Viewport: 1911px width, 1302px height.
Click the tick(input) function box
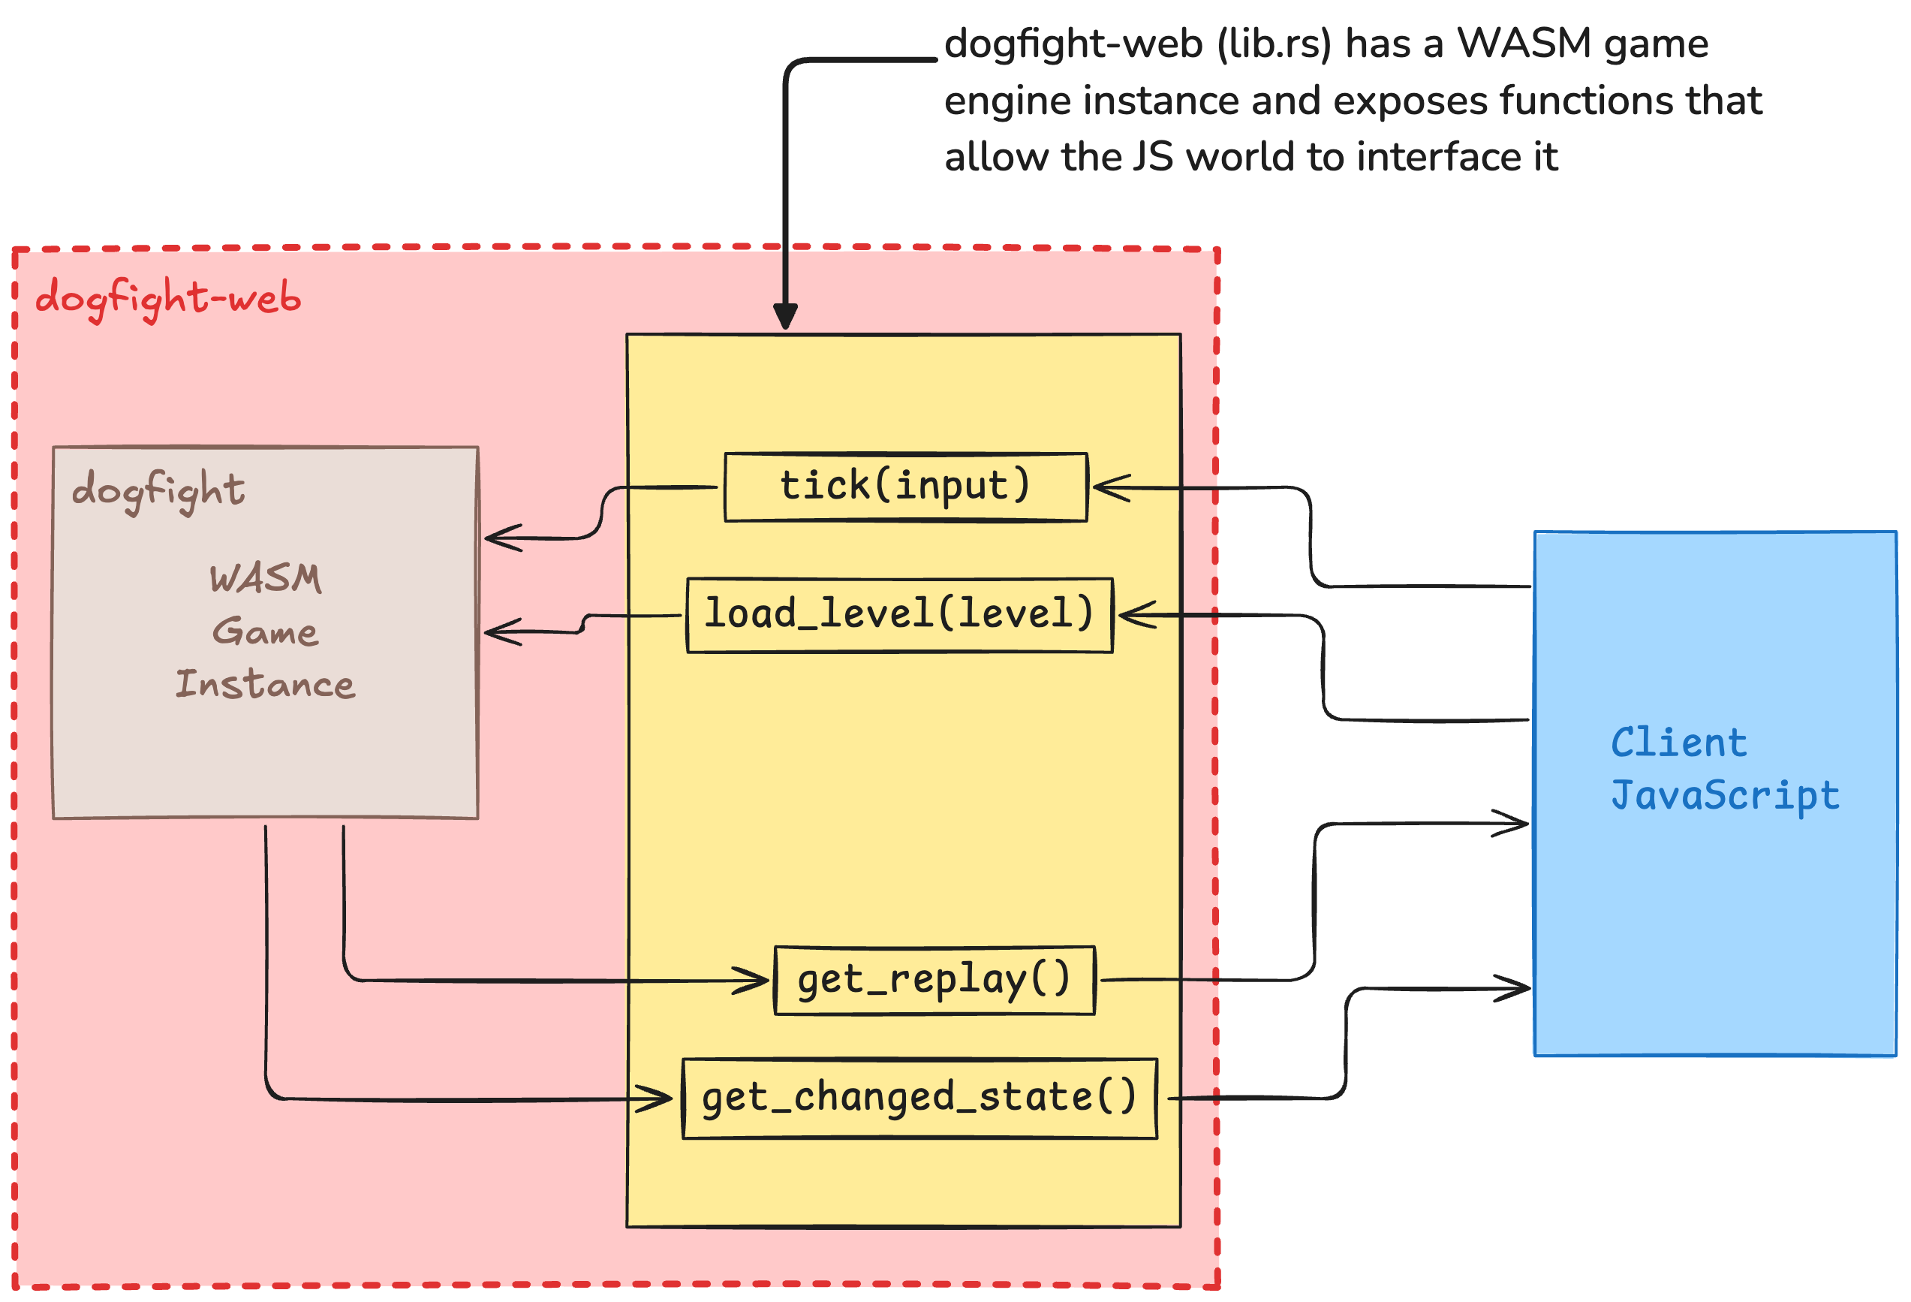(x=905, y=487)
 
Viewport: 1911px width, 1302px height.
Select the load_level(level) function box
(x=900, y=615)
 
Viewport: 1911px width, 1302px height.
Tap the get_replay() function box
(x=934, y=981)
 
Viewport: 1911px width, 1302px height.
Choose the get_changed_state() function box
(x=919, y=1098)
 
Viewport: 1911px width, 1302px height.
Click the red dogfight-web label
(x=167, y=298)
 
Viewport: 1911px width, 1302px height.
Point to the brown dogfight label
(x=158, y=490)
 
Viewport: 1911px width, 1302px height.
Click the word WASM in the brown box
(x=266, y=578)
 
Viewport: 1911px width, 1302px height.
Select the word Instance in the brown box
(x=266, y=684)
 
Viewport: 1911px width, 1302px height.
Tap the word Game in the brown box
(x=266, y=631)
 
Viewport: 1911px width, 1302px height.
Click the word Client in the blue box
(x=1678, y=743)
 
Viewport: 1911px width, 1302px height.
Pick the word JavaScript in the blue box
(x=1724, y=795)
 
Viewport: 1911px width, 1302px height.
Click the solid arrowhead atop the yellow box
(x=785, y=317)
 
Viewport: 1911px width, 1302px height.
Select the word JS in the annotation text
(x=1152, y=156)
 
